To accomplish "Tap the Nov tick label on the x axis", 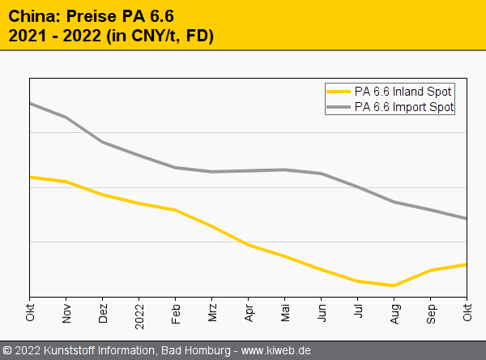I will [66, 312].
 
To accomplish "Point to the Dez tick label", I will [103, 312].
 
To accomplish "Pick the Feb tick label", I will [176, 312].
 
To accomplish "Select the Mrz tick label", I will [212, 312].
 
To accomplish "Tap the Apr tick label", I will [249, 312].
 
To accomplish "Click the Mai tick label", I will [285, 312].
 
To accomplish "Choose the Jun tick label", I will [322, 312].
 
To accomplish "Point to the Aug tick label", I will [394, 312].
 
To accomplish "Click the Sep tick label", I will [431, 312].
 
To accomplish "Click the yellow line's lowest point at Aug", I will [394, 285].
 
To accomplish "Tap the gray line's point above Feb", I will [176, 168].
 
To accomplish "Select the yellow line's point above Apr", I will [249, 245].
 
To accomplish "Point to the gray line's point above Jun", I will [322, 174].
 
